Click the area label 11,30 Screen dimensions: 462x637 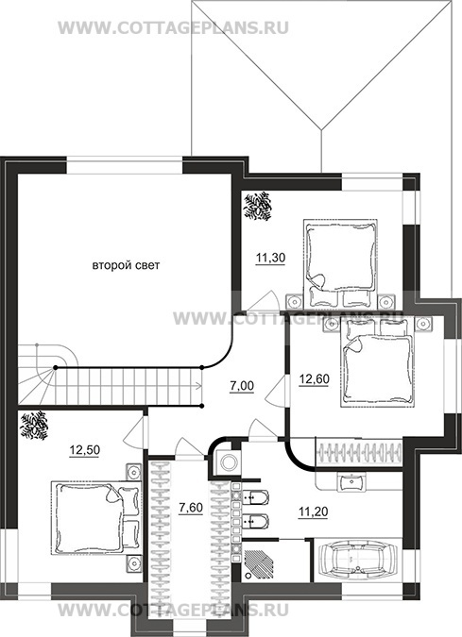270,258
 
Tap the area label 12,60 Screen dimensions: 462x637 315,379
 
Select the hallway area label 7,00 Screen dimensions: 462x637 242,386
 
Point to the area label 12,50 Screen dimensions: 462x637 85,450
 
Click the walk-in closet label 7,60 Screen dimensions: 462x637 191,508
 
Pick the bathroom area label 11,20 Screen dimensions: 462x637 313,511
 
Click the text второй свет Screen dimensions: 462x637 126,266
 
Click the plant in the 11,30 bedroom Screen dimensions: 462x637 257,207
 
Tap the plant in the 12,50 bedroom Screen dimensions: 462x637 34,426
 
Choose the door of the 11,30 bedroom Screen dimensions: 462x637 264,301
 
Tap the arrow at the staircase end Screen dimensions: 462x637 198,386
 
